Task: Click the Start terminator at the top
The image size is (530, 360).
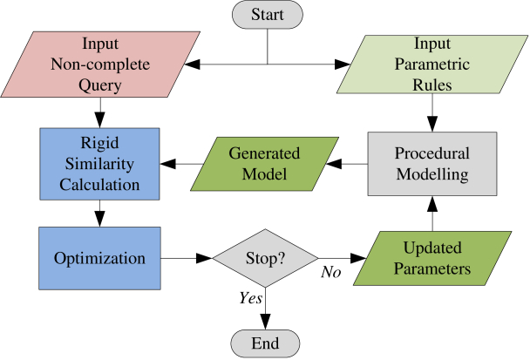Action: (268, 15)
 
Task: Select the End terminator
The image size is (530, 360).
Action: (265, 343)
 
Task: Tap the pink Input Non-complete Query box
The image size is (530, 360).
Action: (100, 65)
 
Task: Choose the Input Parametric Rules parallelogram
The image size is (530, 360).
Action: (432, 65)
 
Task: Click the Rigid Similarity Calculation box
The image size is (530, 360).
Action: (99, 164)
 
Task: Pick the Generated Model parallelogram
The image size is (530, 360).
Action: (265, 164)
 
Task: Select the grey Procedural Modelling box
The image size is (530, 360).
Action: (432, 164)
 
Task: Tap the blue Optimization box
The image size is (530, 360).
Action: (99, 258)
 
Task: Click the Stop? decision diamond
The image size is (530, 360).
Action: (265, 258)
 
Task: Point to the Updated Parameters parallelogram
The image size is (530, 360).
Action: (432, 258)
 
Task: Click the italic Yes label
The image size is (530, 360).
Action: (250, 298)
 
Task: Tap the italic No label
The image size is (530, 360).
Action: (331, 272)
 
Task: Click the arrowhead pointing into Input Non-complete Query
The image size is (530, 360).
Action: (192, 65)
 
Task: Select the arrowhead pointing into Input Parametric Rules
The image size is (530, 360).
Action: (342, 65)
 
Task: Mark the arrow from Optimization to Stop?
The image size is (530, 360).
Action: (187, 258)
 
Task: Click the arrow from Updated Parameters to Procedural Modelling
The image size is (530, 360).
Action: (432, 214)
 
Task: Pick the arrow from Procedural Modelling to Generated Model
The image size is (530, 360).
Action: (347, 164)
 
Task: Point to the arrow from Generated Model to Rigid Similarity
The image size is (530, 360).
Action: (181, 164)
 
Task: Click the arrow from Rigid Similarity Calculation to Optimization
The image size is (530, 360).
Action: (99, 214)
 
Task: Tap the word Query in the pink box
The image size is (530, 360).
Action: (100, 85)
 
